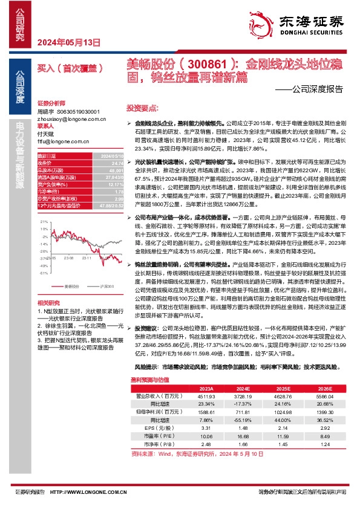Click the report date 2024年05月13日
pyautogui.click(x=68, y=42)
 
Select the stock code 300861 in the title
pyautogui.click(x=205, y=63)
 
